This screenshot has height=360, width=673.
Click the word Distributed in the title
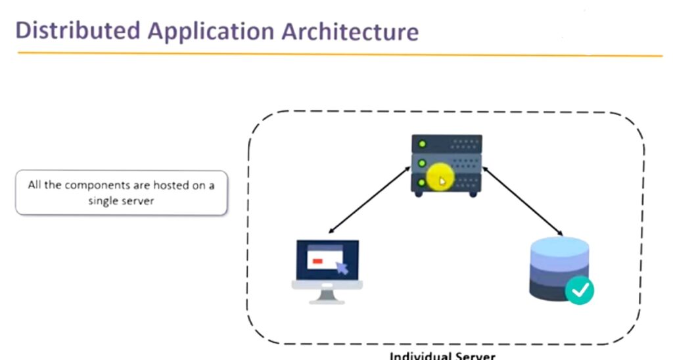click(x=78, y=31)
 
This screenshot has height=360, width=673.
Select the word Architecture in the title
click(x=350, y=32)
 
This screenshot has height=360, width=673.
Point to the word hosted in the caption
click(x=171, y=185)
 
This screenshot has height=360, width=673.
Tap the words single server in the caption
click(x=121, y=201)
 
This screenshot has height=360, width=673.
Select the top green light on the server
click(x=422, y=144)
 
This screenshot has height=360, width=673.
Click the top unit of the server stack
click(x=446, y=144)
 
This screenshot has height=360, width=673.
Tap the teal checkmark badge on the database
click(x=580, y=291)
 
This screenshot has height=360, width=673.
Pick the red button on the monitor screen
click(x=317, y=261)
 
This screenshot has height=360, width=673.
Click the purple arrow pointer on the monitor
click(x=342, y=268)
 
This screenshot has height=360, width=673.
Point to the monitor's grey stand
click(x=327, y=297)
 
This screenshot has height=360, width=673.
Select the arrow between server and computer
click(x=369, y=200)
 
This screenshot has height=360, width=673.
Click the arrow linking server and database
click(x=522, y=201)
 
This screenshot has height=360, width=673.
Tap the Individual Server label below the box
click(x=442, y=355)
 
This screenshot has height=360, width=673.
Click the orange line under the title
click(x=340, y=54)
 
